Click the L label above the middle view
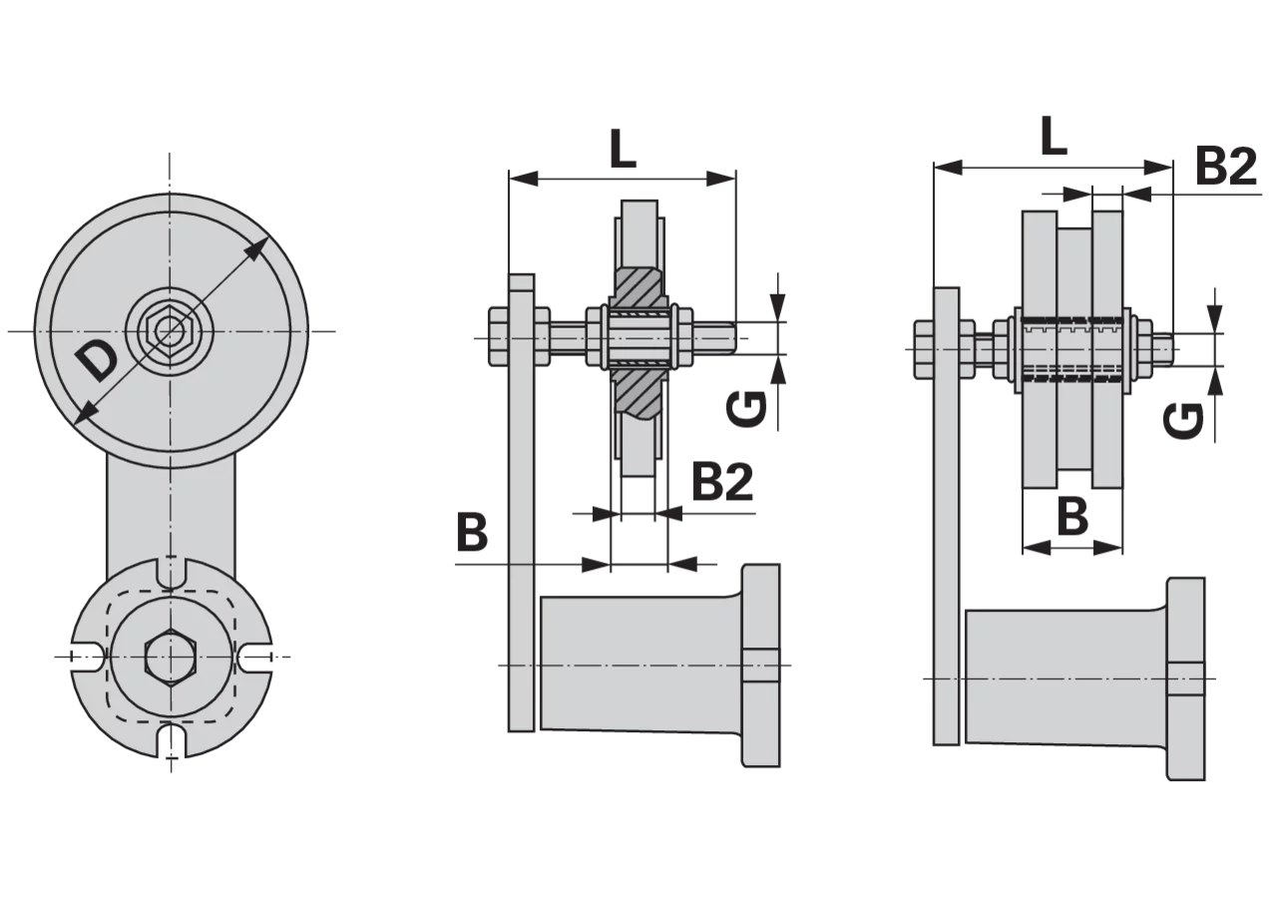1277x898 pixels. (x=623, y=149)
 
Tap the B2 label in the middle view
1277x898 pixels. (x=722, y=482)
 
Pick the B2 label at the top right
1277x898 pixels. (x=1227, y=166)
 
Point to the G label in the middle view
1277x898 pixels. (x=747, y=409)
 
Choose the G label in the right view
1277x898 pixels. (x=1183, y=421)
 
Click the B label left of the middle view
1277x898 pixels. (x=472, y=533)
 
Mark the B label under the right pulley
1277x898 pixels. (x=1072, y=517)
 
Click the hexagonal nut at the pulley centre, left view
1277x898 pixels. (x=167, y=330)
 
